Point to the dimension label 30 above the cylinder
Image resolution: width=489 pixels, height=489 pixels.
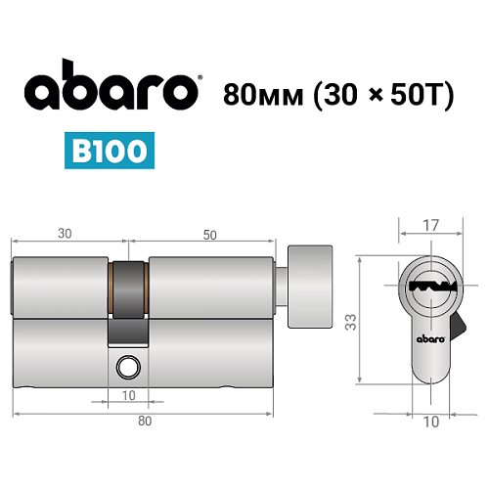(65, 235)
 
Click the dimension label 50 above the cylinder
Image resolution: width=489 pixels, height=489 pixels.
(209, 235)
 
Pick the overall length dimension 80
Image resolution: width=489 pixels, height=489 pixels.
(145, 421)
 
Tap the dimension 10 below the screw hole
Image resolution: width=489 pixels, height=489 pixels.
(128, 396)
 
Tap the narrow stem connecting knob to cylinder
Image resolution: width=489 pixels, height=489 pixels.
(283, 288)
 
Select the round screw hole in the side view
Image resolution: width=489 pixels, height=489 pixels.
(126, 369)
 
